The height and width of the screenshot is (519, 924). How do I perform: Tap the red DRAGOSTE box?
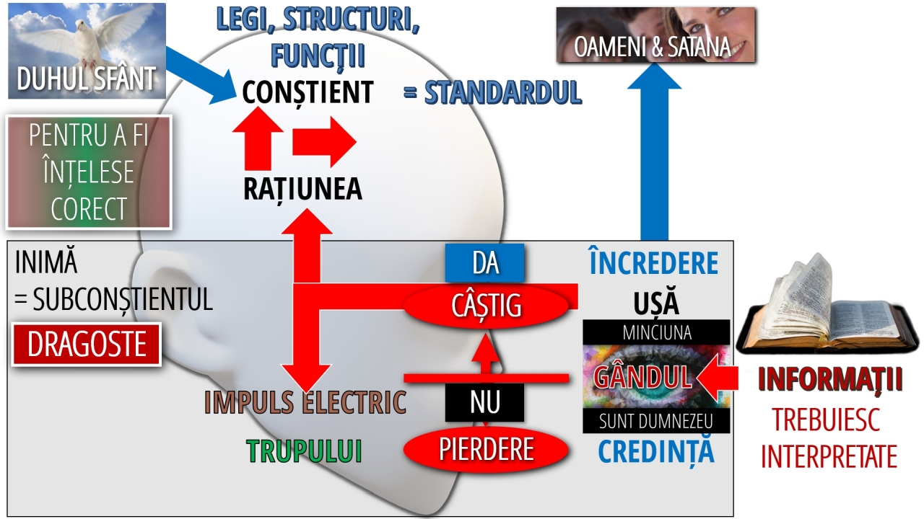pyautogui.click(x=87, y=345)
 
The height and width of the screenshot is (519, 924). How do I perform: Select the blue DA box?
pyautogui.click(x=484, y=263)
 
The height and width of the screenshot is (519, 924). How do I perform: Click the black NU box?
pyautogui.click(x=484, y=402)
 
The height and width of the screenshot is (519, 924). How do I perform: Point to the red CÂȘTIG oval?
pyautogui.click(x=486, y=306)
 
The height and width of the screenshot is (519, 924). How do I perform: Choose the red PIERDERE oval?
pyautogui.click(x=486, y=449)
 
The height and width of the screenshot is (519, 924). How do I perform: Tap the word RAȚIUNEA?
pyautogui.click(x=302, y=189)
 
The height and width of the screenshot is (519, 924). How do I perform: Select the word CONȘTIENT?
pyautogui.click(x=308, y=92)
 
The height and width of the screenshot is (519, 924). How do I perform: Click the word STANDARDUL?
pyautogui.click(x=502, y=92)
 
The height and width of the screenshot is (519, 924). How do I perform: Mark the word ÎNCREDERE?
pyautogui.click(x=653, y=264)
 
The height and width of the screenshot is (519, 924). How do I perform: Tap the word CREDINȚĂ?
pyautogui.click(x=655, y=451)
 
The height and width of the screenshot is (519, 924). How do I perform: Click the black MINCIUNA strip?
pyautogui.click(x=656, y=332)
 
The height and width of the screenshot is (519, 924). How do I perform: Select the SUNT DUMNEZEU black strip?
pyautogui.click(x=656, y=421)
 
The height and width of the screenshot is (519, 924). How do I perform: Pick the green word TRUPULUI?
pyautogui.click(x=304, y=451)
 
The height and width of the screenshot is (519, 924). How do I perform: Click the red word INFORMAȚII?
pyautogui.click(x=830, y=380)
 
